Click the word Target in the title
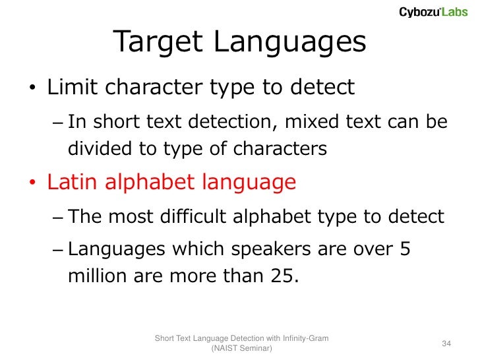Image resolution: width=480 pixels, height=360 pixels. (x=159, y=43)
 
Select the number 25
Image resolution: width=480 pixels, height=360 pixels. (x=282, y=276)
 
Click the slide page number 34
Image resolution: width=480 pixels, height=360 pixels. (x=446, y=344)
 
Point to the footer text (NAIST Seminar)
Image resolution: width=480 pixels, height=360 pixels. (x=241, y=349)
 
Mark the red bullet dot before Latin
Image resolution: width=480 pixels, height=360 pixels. (x=32, y=184)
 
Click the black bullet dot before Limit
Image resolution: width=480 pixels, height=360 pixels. (x=32, y=90)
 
